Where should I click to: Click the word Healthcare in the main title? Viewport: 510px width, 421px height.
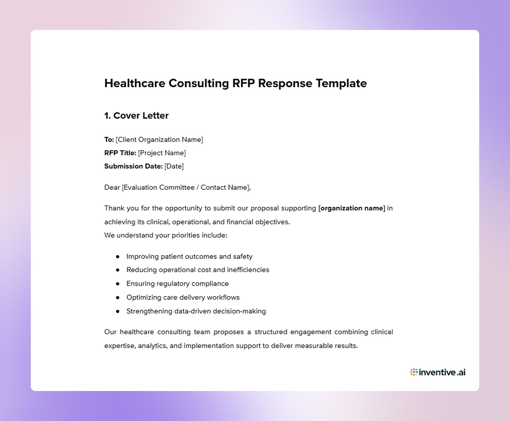[x=135, y=83]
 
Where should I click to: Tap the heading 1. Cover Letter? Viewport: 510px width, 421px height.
[x=136, y=116]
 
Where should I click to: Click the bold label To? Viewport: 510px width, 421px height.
[x=109, y=140]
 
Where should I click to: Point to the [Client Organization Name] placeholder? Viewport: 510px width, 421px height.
[x=159, y=140]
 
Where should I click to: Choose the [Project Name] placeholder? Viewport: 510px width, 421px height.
[x=162, y=153]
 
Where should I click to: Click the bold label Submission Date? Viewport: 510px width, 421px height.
[x=133, y=166]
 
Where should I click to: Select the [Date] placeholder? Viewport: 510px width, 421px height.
[x=174, y=166]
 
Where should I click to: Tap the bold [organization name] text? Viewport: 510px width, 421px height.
[x=352, y=208]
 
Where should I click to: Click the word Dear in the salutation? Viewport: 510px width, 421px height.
[x=112, y=188]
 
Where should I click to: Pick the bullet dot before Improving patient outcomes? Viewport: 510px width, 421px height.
[x=118, y=257]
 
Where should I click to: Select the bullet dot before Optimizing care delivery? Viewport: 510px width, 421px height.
[x=118, y=298]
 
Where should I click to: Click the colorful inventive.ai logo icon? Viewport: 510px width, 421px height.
[x=414, y=372]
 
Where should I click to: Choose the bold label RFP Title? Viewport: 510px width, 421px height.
[x=120, y=153]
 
